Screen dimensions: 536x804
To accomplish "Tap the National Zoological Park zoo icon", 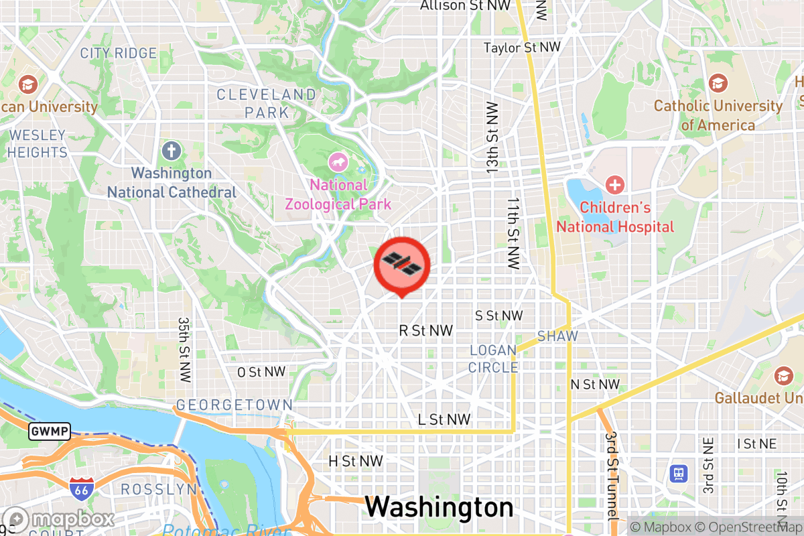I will point(337,161).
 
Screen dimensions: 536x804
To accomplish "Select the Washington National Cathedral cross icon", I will point(172,150).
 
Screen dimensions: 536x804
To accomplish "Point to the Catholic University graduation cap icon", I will point(718,84).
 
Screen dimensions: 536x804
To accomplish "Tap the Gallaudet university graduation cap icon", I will point(783,376).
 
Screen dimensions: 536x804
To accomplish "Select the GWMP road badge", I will point(49,431).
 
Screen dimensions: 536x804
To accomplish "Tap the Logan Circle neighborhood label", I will point(493,358).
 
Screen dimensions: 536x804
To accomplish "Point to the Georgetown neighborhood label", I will point(234,405).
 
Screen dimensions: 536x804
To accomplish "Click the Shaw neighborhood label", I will point(557,336).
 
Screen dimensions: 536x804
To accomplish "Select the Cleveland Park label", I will point(266,103).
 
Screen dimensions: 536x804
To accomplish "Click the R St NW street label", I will point(425,330).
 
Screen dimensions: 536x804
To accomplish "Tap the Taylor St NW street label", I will point(522,48).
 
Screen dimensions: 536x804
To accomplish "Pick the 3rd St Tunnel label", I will point(610,476).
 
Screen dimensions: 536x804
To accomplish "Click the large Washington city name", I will point(439,507).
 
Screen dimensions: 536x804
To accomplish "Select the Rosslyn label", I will point(159,490).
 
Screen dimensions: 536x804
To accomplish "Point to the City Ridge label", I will point(118,53).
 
